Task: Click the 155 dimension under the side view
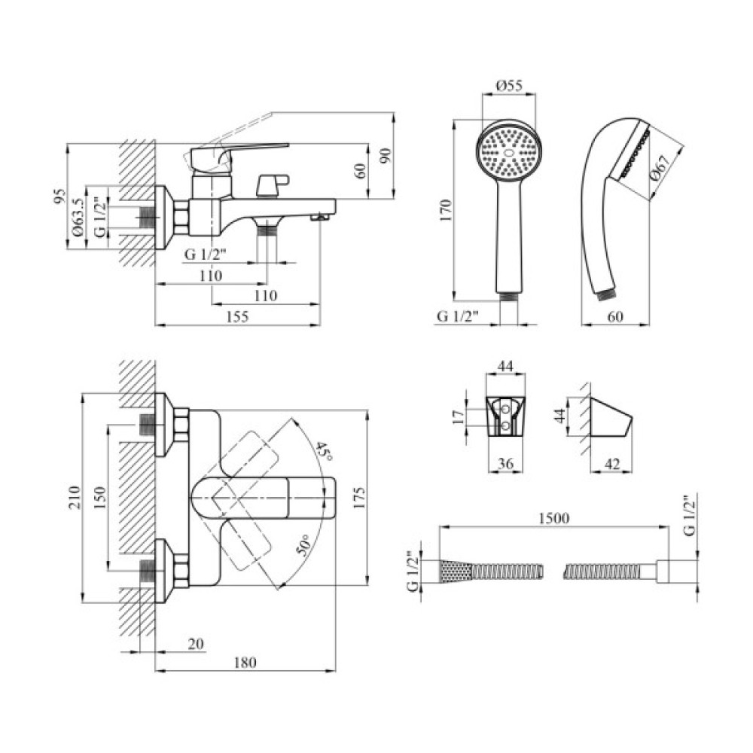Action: (237, 317)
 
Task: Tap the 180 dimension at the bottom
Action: (245, 663)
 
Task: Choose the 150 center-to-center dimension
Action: (99, 496)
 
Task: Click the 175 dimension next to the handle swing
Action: (358, 496)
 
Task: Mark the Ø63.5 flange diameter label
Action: (78, 218)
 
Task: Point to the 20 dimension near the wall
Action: (195, 644)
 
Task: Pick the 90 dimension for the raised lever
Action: (385, 156)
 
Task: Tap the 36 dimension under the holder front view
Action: (506, 465)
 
